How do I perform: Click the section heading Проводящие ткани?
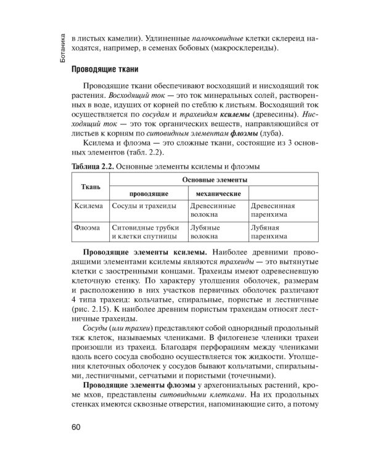point(109,70)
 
